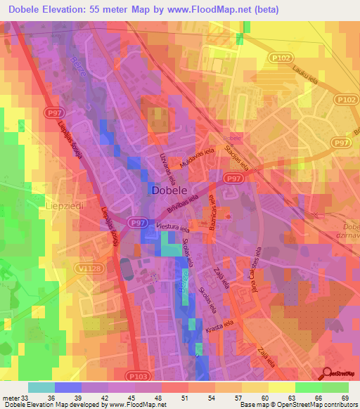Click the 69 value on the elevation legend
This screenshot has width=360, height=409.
pyautogui.click(x=345, y=398)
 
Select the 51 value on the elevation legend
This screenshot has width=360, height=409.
pyautogui.click(x=185, y=398)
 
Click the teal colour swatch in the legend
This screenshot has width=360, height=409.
pyautogui.click(x=41, y=387)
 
